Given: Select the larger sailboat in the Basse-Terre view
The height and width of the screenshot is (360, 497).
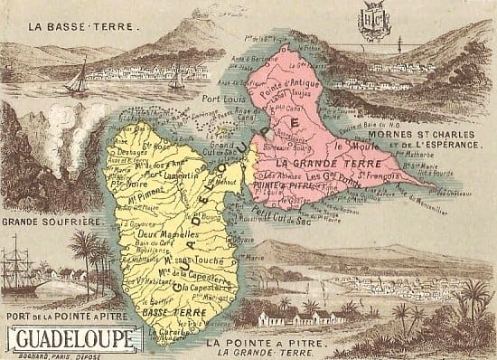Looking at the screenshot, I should click(x=78, y=76).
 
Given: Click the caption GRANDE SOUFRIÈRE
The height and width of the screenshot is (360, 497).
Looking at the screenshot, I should click(x=50, y=221).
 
